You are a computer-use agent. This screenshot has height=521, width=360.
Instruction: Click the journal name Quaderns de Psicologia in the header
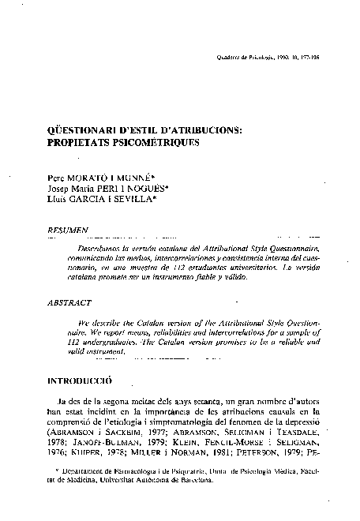point(242,58)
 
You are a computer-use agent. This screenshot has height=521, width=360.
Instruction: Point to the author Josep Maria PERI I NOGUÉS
point(111,190)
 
